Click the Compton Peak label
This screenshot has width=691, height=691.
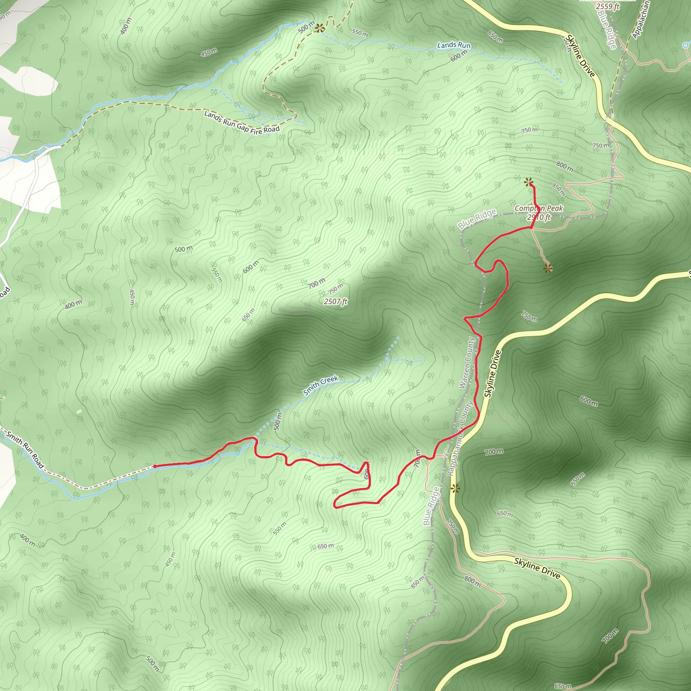[538, 208]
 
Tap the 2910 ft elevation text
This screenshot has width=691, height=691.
[538, 217]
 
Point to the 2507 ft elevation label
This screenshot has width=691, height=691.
[335, 302]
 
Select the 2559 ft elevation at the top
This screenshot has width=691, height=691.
[607, 6]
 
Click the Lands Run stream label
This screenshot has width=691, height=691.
[453, 45]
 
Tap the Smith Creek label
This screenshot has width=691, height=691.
[321, 385]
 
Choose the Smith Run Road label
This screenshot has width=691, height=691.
[25, 450]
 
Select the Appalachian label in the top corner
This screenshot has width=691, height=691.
[640, 20]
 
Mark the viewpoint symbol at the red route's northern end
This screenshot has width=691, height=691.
[529, 183]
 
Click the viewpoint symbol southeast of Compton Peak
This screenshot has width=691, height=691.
[548, 268]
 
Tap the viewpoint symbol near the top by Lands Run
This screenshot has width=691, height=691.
[320, 28]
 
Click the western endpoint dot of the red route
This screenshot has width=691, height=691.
[155, 466]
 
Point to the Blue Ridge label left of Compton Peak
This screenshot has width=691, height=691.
[477, 219]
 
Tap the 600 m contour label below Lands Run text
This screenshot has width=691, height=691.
[459, 55]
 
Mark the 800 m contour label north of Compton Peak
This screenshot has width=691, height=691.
[564, 166]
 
